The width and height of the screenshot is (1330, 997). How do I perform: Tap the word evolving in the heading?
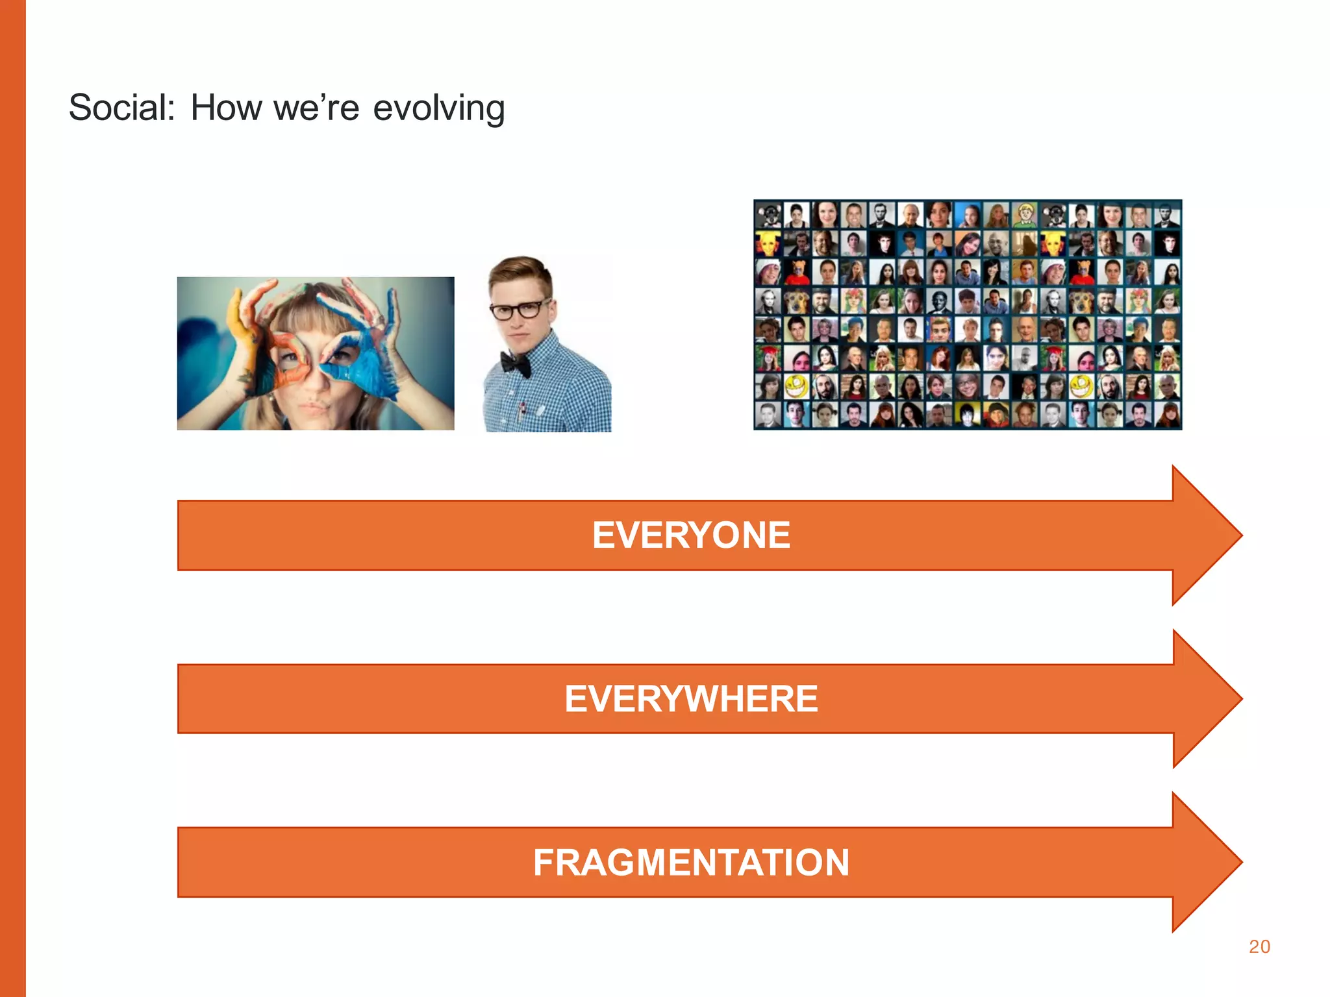click(439, 108)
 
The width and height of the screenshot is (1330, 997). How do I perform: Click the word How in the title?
click(225, 108)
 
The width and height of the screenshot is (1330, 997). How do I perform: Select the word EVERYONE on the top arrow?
click(691, 535)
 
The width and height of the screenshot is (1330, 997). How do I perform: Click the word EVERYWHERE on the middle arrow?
click(691, 699)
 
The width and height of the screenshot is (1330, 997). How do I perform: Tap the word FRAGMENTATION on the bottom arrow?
click(691, 863)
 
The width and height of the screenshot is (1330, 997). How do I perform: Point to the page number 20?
click(1259, 946)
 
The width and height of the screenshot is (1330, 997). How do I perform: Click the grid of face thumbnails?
click(968, 315)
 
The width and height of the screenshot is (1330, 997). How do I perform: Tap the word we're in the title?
click(316, 108)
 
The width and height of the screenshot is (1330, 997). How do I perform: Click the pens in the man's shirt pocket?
click(521, 409)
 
